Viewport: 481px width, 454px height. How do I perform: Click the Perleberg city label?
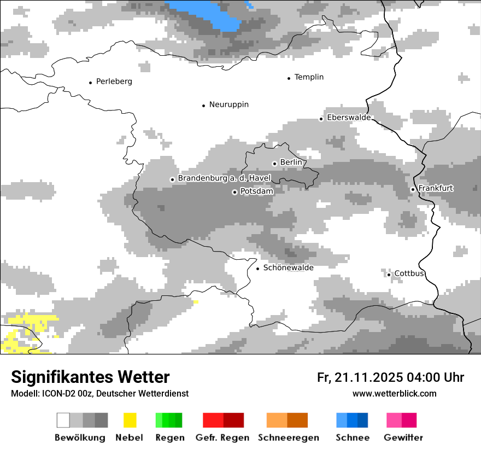point(114,82)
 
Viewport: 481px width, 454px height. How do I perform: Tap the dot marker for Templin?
point(289,78)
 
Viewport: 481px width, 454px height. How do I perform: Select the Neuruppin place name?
point(228,104)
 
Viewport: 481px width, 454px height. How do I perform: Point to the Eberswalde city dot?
point(321,119)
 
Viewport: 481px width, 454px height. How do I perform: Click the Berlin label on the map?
point(291,162)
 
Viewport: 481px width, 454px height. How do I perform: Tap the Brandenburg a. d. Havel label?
point(224,178)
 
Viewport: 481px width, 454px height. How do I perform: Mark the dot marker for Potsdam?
point(234,192)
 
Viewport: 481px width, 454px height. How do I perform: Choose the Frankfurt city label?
point(436,188)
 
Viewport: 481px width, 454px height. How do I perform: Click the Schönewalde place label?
point(288,267)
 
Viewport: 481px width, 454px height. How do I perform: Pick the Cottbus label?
point(409,273)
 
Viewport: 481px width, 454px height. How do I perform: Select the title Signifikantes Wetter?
point(90,377)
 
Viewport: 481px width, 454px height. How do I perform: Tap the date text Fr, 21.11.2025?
point(360,377)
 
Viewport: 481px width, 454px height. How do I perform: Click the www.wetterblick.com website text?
point(394,393)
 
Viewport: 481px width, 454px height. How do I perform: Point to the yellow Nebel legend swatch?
point(130,420)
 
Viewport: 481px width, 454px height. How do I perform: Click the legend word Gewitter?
point(403,438)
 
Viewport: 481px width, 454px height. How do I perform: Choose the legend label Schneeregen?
point(288,438)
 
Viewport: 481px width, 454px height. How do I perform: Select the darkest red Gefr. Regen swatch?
point(233,420)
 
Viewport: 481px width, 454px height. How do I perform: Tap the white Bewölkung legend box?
point(63,420)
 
